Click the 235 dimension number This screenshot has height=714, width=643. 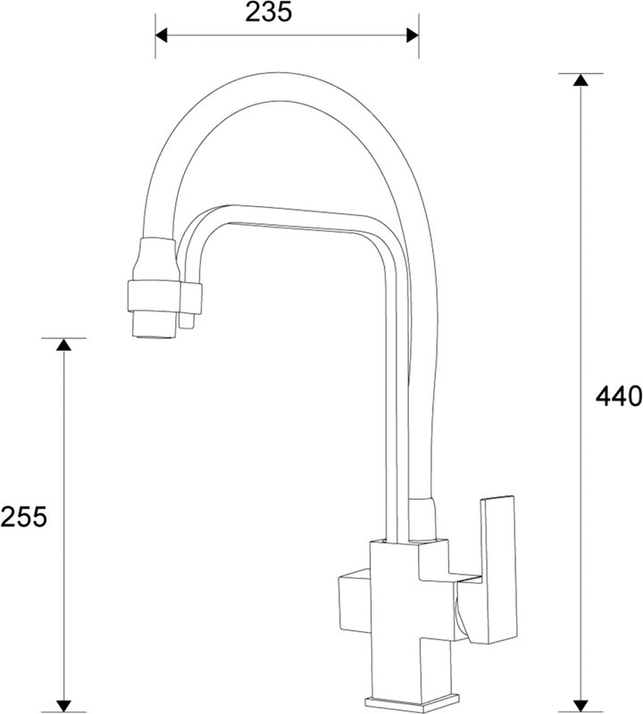pyautogui.click(x=268, y=12)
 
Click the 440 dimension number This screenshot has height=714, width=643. pyautogui.click(x=619, y=396)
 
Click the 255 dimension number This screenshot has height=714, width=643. pyautogui.click(x=23, y=517)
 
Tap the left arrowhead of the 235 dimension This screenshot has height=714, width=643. pyautogui.click(x=162, y=35)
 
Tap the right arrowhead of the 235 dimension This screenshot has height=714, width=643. pyautogui.click(x=413, y=35)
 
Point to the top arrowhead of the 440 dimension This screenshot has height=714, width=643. pyautogui.click(x=580, y=79)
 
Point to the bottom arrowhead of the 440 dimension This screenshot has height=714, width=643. pyautogui.click(x=580, y=705)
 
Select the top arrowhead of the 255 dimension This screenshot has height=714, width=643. pyautogui.click(x=63, y=345)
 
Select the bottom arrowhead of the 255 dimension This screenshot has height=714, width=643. pyautogui.click(x=63, y=705)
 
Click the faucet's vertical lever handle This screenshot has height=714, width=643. pyautogui.click(x=499, y=569)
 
